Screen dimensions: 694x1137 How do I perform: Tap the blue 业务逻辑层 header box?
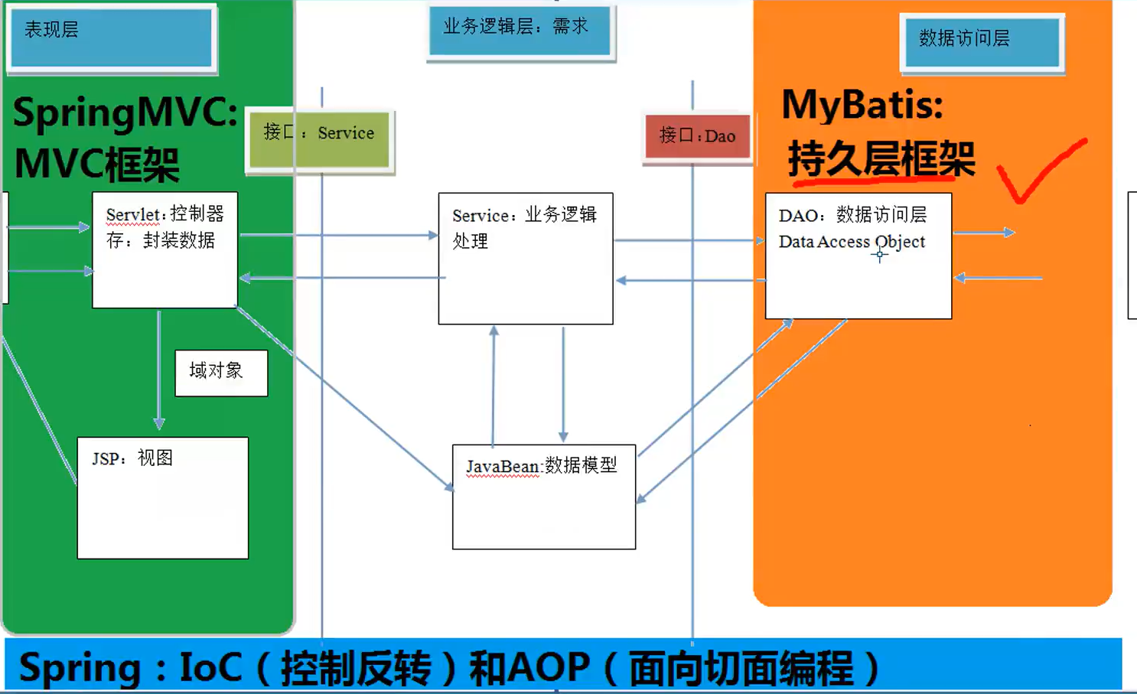(x=520, y=31)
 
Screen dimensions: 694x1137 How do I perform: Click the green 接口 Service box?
(x=319, y=139)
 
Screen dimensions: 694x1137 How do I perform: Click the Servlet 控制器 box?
(x=165, y=250)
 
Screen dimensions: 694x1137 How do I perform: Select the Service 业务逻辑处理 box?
(x=525, y=259)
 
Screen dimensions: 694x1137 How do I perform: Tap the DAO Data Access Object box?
(x=858, y=256)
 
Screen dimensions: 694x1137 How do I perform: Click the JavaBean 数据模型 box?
(x=543, y=497)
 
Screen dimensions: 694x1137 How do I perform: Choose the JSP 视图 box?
(x=162, y=497)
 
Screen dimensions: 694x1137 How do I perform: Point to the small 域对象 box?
(x=221, y=373)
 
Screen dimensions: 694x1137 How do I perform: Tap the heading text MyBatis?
(x=862, y=104)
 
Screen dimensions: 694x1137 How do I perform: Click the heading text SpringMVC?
(x=125, y=112)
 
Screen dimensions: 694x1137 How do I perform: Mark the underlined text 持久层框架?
(x=881, y=159)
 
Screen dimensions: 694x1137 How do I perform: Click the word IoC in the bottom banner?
(x=210, y=667)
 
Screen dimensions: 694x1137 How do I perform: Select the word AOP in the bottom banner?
(x=548, y=667)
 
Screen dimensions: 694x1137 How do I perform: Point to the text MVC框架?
(x=97, y=165)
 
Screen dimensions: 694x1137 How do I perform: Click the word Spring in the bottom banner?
(x=80, y=667)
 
